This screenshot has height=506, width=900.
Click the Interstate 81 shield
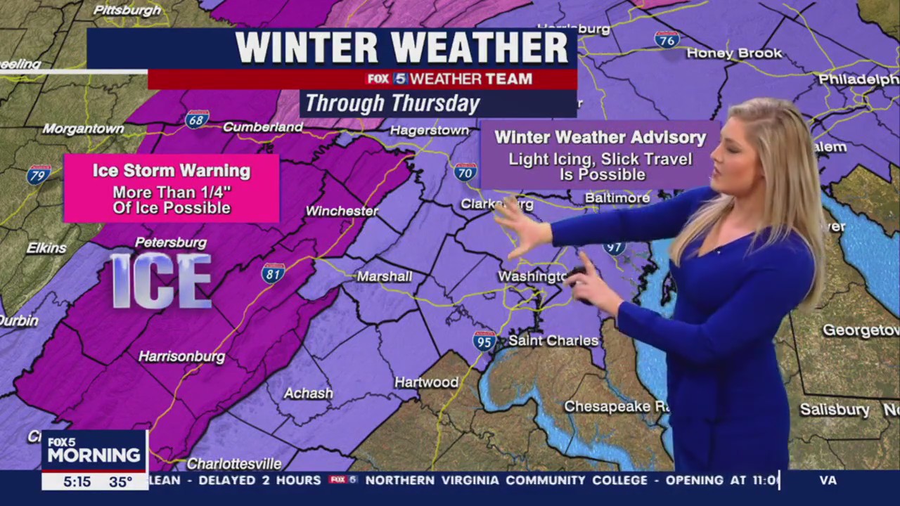point(273,273)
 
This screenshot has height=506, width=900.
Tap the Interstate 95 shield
point(484,342)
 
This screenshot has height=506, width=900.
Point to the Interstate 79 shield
point(39,174)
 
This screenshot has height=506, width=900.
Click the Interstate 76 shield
point(667,39)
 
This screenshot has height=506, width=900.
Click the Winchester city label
point(342,211)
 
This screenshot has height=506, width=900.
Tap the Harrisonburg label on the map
point(181,357)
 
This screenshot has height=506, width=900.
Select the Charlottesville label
point(234,464)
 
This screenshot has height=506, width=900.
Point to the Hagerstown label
point(430,131)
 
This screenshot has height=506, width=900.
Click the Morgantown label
point(83,129)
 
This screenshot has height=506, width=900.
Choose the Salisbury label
point(835,410)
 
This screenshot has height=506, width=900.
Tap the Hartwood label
point(426,382)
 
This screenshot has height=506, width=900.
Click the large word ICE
point(162,281)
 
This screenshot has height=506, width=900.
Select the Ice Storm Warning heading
point(172,171)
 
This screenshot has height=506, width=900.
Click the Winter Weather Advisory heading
point(600,138)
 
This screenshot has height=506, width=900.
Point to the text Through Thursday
point(392,104)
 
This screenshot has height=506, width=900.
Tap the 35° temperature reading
point(120,482)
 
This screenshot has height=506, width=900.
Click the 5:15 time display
point(77,482)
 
